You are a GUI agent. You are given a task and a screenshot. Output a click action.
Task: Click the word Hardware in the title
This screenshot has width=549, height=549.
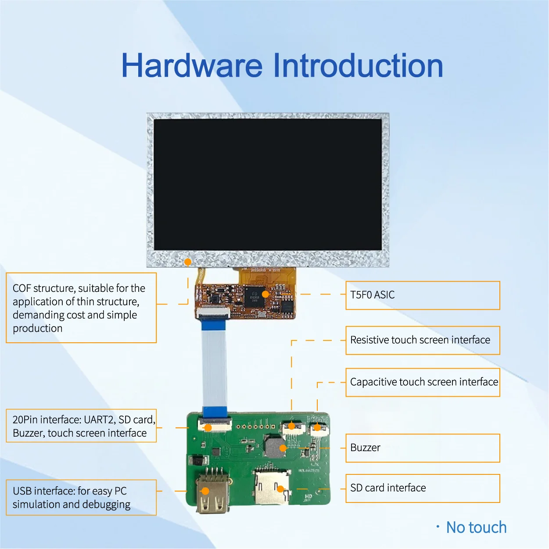(x=192, y=66)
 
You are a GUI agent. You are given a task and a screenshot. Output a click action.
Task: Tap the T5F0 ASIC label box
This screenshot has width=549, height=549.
(x=422, y=295)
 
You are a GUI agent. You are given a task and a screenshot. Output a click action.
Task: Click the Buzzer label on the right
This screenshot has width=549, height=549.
(x=422, y=448)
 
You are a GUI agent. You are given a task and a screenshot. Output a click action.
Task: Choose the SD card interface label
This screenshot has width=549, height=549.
(x=422, y=488)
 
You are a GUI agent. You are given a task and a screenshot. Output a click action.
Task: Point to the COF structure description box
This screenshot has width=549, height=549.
(x=81, y=308)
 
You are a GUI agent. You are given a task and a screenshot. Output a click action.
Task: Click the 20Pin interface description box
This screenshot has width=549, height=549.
(x=81, y=426)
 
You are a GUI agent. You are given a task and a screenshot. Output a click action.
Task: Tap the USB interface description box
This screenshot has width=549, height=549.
(x=81, y=497)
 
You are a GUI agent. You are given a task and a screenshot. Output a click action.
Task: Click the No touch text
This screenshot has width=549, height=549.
(x=476, y=527)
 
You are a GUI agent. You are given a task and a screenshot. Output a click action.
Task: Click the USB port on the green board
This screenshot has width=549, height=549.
(x=212, y=494)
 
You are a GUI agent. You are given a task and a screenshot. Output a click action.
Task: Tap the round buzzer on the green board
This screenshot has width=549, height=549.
(x=275, y=447)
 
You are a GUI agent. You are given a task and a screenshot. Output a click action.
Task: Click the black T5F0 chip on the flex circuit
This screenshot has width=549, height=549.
(x=255, y=297)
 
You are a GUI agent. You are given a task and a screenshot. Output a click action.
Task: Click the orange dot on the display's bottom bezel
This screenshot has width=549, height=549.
(x=188, y=262)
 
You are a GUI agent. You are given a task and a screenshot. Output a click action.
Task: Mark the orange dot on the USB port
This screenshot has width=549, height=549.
(x=205, y=491)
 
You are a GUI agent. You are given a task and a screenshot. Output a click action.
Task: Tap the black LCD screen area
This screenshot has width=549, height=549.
(x=268, y=184)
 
